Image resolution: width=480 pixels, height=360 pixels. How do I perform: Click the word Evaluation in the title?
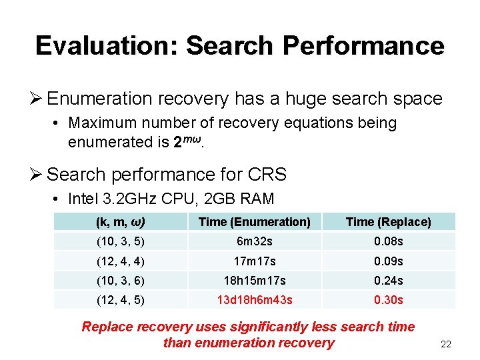(x=107, y=45)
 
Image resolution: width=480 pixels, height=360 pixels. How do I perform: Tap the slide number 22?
(x=446, y=345)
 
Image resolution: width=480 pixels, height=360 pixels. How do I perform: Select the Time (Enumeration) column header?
(x=255, y=222)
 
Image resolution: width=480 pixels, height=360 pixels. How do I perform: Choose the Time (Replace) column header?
(x=388, y=222)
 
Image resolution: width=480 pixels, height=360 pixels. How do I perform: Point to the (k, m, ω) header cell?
(x=121, y=222)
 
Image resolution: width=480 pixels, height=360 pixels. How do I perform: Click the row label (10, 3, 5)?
(x=121, y=241)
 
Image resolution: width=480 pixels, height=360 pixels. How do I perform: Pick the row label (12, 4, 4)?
(x=121, y=261)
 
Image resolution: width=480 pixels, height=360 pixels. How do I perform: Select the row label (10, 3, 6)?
(x=121, y=281)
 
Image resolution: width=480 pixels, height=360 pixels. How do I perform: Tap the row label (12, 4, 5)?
(x=121, y=300)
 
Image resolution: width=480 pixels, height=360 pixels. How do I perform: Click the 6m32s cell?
(x=255, y=241)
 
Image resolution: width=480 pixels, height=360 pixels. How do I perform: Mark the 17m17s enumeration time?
(x=255, y=261)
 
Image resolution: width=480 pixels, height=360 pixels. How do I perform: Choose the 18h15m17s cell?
(x=255, y=281)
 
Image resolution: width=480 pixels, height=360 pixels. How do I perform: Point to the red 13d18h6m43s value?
(x=255, y=300)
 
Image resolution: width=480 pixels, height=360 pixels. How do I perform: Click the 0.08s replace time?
(x=389, y=241)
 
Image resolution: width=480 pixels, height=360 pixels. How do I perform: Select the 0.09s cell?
(x=389, y=261)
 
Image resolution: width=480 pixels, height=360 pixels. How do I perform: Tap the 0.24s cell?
(x=389, y=281)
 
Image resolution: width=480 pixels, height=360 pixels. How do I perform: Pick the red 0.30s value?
(x=389, y=300)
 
